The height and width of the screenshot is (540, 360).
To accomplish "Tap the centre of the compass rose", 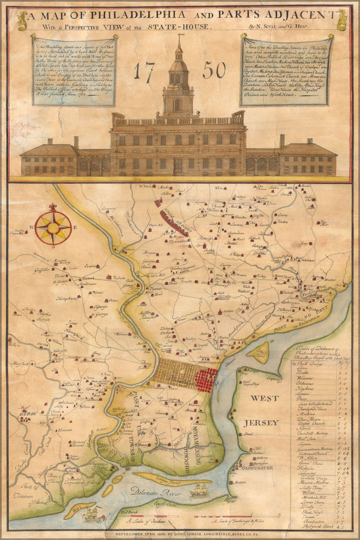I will coord(53,227).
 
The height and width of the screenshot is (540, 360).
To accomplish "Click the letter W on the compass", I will coord(32,228).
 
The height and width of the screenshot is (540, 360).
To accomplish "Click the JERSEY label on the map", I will coord(262,422).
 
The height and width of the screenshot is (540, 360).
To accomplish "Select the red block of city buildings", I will coord(206,377).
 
